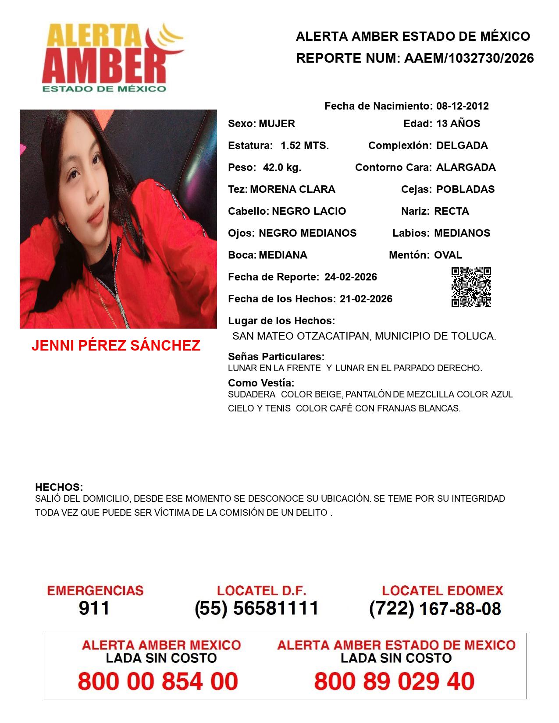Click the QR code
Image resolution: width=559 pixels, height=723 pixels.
(x=471, y=287)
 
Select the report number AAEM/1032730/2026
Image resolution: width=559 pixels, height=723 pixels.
(x=469, y=58)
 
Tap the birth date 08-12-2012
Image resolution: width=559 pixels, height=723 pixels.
(x=462, y=106)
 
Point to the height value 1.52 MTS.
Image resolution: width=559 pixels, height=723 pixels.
(x=305, y=145)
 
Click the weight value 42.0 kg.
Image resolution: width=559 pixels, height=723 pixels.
(x=282, y=167)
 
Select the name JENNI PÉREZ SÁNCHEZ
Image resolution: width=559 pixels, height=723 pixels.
(x=116, y=346)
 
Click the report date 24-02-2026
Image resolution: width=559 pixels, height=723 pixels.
(x=351, y=277)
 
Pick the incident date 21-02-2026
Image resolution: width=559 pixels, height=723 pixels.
(x=366, y=299)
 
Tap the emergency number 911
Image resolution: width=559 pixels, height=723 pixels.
(x=94, y=608)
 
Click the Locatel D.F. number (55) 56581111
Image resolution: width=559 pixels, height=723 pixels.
(x=256, y=608)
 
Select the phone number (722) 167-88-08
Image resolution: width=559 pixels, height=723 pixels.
(x=435, y=609)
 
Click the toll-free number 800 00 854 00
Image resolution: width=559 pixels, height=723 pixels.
(x=158, y=681)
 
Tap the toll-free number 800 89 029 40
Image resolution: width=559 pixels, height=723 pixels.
(x=394, y=681)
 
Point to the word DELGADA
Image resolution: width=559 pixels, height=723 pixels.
(x=462, y=145)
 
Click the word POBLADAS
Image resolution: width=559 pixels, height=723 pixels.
(x=465, y=189)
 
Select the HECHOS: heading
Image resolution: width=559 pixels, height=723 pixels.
(x=59, y=487)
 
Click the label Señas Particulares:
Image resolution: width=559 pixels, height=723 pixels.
(x=276, y=357)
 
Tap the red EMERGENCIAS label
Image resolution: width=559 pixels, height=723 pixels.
(x=95, y=591)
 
